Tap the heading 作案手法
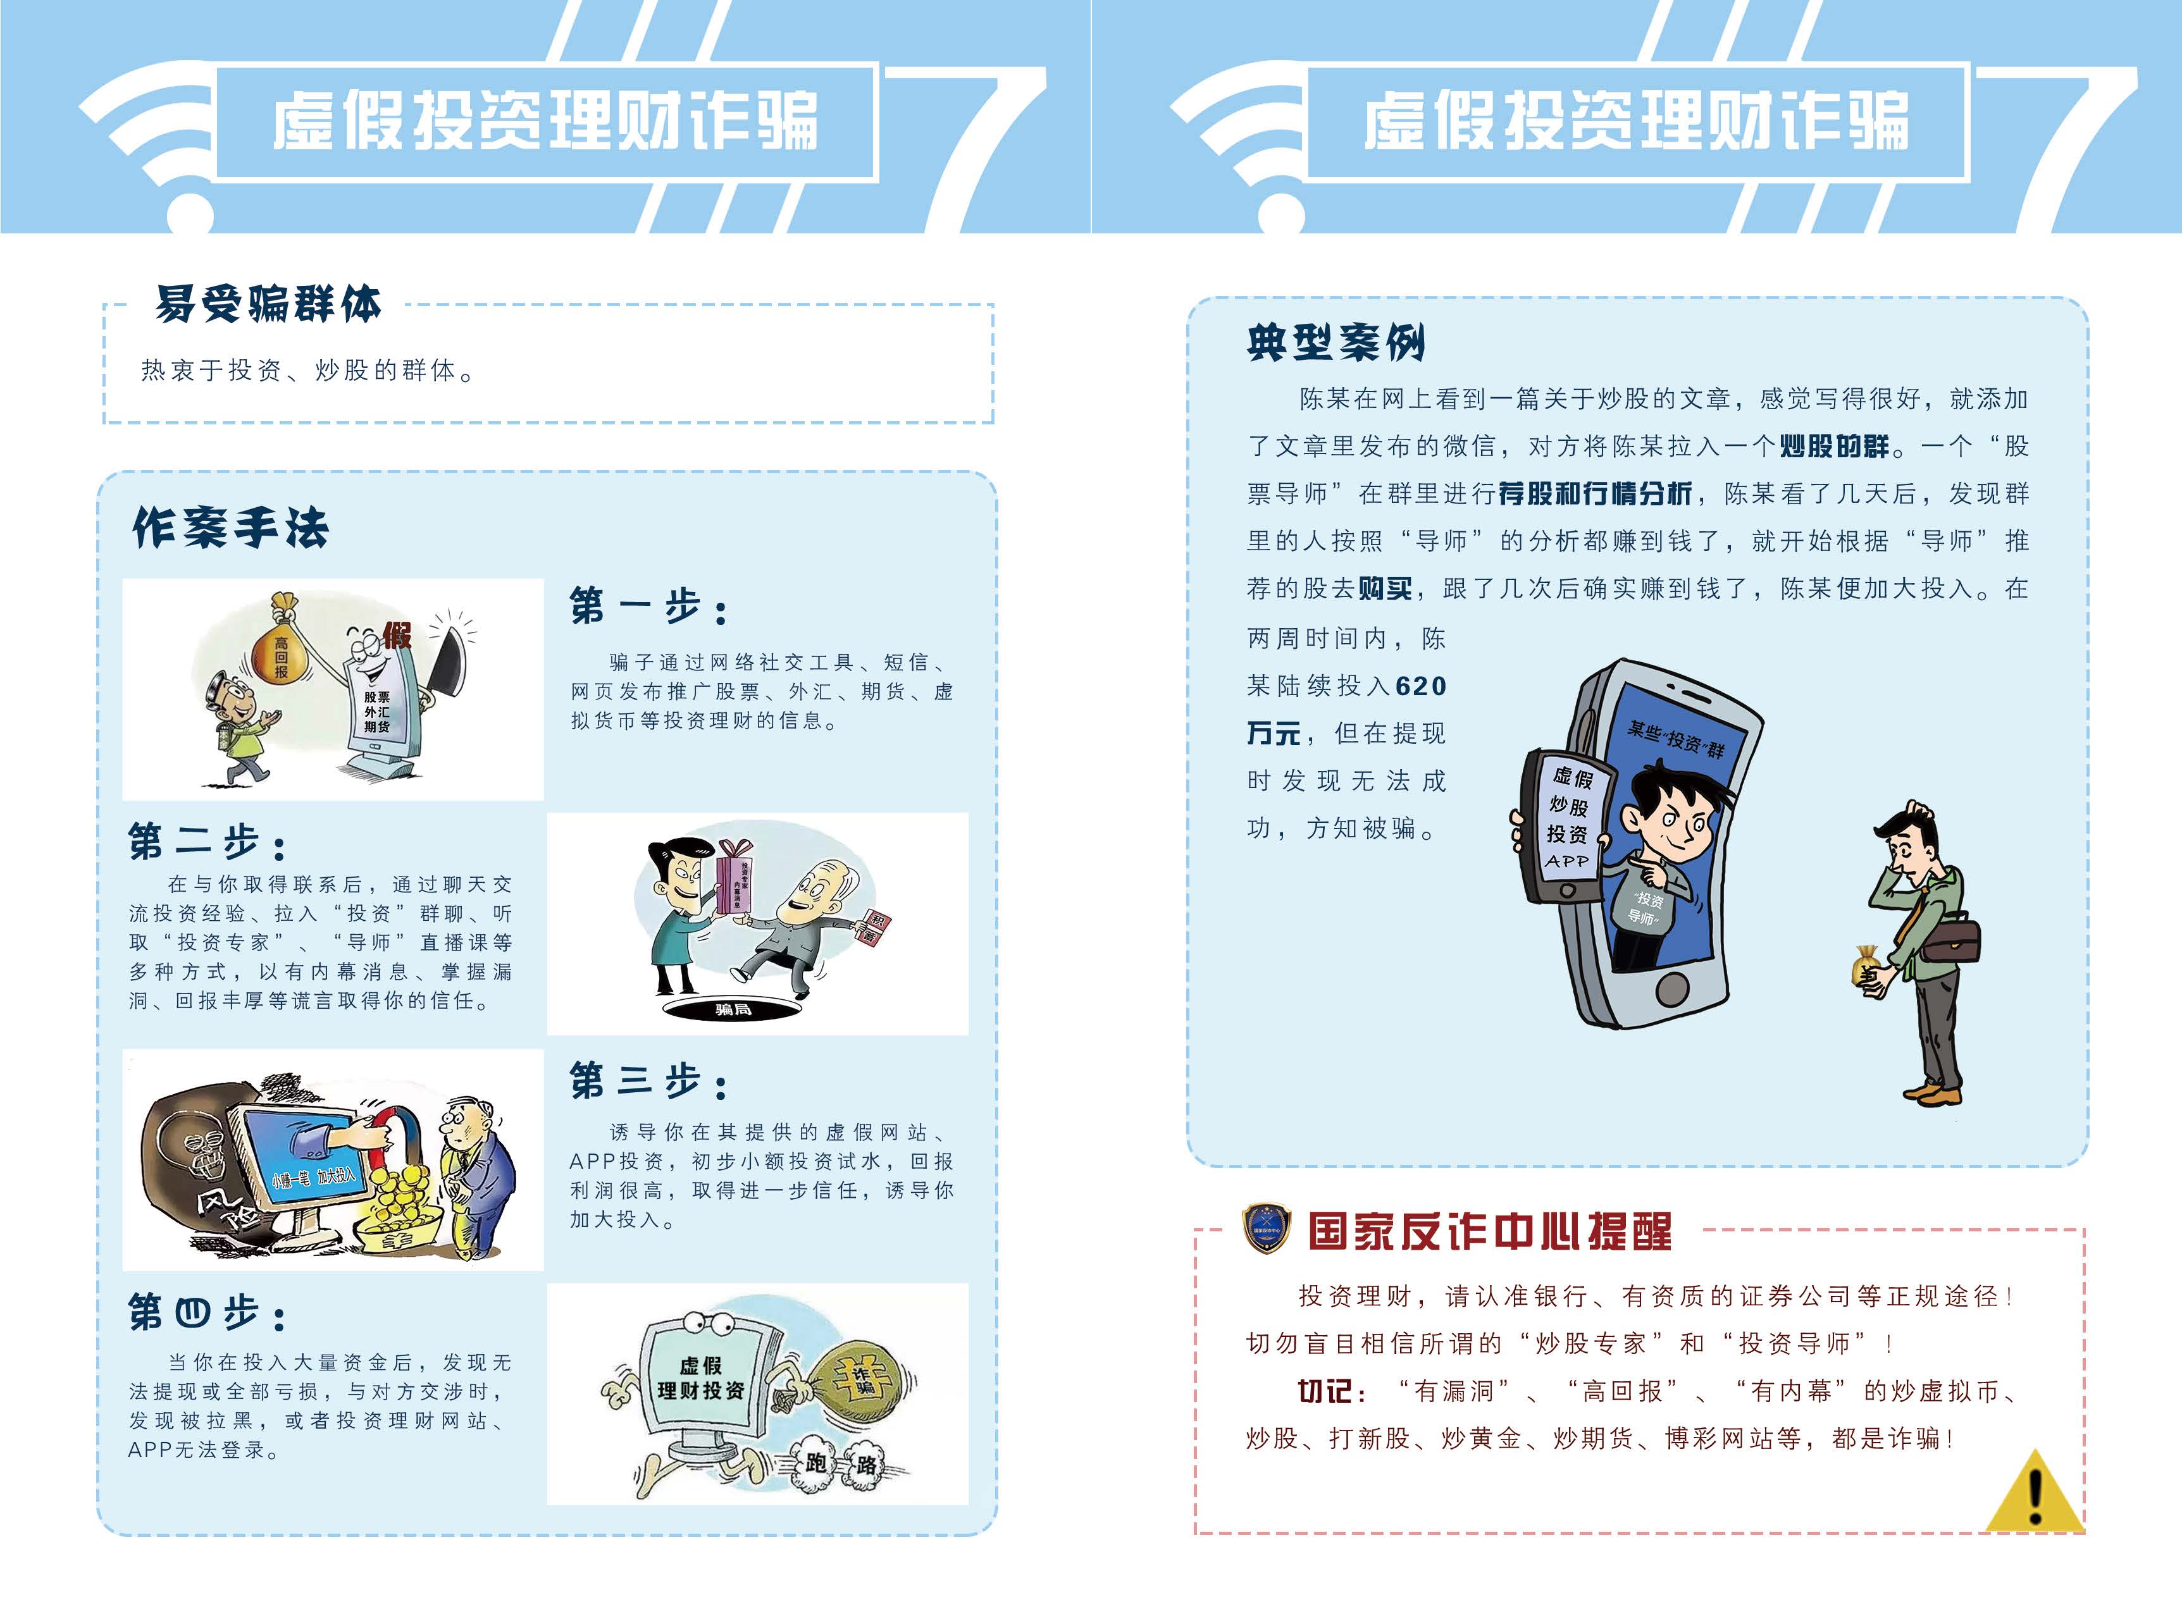click(x=231, y=529)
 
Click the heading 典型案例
click(x=1336, y=343)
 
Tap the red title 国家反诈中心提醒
click(x=1489, y=1232)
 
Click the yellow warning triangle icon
click(x=2035, y=1495)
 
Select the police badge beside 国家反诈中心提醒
click(x=1267, y=1229)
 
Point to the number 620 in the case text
click(x=1421, y=686)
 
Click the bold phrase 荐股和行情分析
click(x=1595, y=495)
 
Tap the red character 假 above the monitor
click(x=397, y=636)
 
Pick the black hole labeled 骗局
click(x=733, y=1008)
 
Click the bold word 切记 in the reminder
click(x=1324, y=1391)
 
